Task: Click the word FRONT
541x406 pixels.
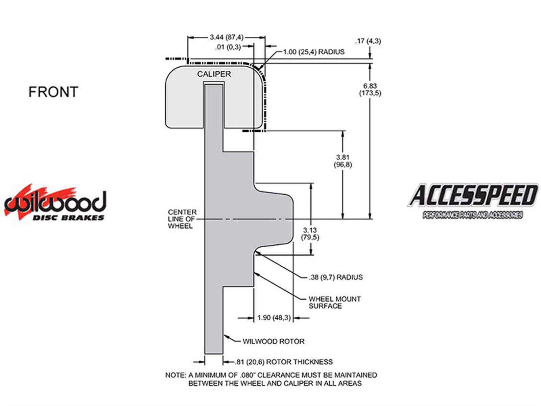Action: [53, 92]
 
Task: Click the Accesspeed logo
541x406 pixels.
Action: [473, 200]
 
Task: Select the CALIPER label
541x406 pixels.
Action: [214, 74]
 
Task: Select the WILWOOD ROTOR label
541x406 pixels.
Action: [274, 341]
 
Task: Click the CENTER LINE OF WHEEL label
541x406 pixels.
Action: [182, 219]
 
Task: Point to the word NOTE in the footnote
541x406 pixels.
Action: [174, 375]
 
